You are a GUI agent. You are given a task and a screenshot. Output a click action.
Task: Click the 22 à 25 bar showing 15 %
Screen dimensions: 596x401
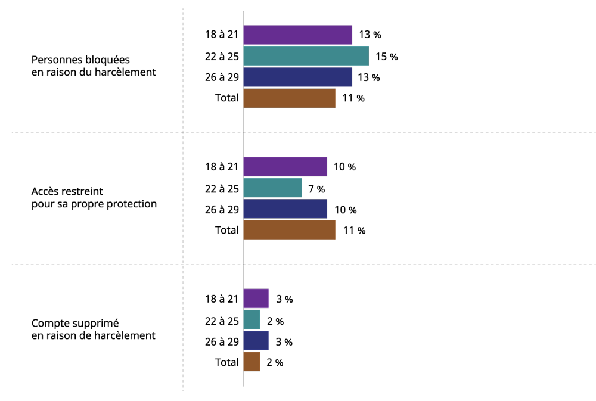306,56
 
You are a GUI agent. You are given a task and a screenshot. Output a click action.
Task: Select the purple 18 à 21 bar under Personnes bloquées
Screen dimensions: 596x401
297,35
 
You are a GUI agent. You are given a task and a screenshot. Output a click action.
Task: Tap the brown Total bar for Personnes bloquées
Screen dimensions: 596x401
289,98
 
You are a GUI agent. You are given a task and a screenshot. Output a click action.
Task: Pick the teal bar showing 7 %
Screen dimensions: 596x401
272,188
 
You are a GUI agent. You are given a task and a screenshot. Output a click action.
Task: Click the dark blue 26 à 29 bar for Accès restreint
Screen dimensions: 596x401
285,209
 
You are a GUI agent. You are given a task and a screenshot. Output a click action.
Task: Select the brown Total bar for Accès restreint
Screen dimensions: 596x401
289,230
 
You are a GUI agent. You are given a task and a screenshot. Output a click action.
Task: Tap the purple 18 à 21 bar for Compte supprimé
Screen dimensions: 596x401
256,299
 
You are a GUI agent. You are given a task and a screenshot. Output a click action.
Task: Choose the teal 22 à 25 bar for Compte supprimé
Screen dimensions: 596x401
252,319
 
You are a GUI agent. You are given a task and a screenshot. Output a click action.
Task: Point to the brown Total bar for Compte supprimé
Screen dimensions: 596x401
252,362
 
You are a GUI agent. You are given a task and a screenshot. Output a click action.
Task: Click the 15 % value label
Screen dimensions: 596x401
387,57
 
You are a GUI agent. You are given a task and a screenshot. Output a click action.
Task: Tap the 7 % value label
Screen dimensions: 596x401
316,189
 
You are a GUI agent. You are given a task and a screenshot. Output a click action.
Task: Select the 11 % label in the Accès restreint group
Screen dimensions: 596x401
354,231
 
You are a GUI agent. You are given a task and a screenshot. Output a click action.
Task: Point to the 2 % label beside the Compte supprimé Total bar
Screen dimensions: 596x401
275,363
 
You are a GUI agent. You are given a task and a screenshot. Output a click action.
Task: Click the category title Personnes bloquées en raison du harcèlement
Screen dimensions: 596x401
94,66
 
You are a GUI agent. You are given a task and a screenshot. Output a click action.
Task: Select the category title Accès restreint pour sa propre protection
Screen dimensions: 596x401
94,198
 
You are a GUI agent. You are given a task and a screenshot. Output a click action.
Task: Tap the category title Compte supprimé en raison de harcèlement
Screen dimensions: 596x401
94,329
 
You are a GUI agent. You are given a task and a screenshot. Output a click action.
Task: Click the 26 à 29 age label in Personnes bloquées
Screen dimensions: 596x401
222,77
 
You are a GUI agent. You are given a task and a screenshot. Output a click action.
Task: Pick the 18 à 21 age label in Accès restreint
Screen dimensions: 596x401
222,166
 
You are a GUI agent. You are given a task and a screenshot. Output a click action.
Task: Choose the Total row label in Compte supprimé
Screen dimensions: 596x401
227,362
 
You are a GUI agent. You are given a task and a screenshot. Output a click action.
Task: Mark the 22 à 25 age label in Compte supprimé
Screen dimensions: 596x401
222,321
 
